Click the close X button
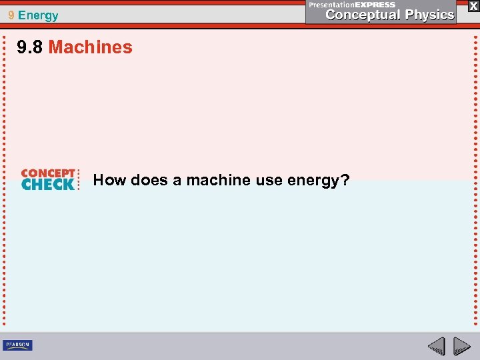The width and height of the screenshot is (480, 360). [473, 5]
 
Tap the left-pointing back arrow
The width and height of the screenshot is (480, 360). [437, 345]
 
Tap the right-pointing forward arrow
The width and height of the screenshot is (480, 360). [462, 345]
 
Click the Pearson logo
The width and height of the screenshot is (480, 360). [17, 345]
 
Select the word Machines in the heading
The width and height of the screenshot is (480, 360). [90, 47]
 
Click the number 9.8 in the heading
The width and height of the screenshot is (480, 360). [31, 47]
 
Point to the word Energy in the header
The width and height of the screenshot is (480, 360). [38, 15]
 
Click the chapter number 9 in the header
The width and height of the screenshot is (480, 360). [11, 15]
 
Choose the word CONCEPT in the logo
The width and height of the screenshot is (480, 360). [48, 173]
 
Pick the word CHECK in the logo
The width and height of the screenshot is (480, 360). [48, 185]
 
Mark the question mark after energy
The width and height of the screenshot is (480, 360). [345, 180]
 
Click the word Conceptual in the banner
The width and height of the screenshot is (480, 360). [363, 15]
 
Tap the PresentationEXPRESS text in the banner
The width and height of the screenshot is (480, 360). [352, 5]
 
